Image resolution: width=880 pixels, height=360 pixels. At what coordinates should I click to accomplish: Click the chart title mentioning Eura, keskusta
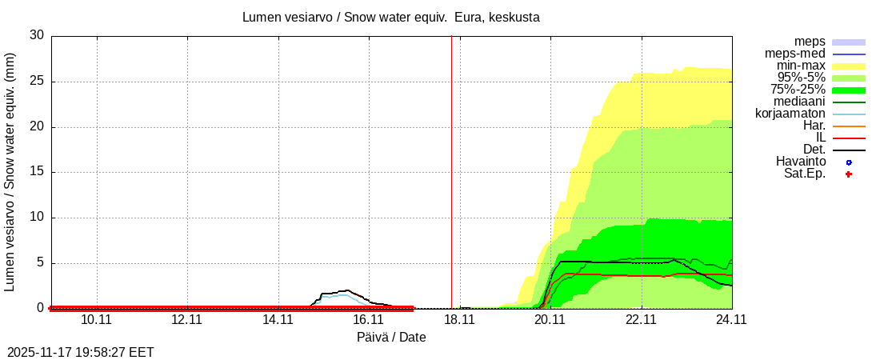[391, 17]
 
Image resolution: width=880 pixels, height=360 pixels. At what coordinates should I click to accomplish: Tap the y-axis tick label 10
[36, 218]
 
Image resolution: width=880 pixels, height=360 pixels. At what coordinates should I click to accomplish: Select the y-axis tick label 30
[36, 35]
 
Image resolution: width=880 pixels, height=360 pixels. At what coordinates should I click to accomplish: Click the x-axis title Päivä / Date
[391, 338]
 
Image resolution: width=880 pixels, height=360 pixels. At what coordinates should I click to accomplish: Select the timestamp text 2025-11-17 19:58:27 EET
[81, 352]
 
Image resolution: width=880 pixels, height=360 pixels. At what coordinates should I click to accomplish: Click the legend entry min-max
[801, 66]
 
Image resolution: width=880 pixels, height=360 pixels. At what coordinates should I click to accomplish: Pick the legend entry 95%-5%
[801, 78]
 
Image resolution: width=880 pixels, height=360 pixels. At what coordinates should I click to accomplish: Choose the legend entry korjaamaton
[790, 114]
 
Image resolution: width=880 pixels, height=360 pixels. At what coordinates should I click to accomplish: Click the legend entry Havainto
[801, 162]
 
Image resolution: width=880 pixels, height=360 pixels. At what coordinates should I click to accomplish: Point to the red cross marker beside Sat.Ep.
[849, 174]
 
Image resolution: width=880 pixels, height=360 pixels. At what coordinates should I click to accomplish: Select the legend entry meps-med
[795, 54]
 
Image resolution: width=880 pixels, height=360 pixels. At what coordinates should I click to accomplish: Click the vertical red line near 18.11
[451, 160]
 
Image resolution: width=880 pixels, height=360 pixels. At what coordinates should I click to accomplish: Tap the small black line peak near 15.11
[346, 290]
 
